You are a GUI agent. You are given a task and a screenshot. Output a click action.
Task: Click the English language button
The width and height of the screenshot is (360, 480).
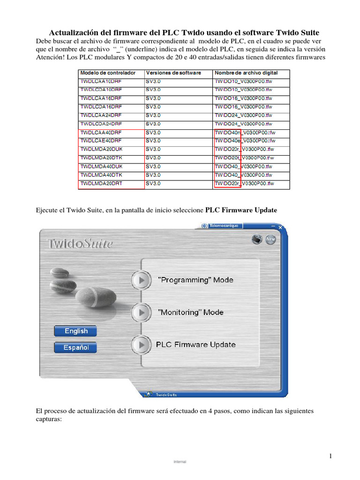point(75,331)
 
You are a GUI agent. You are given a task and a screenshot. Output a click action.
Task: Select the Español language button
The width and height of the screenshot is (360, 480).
point(75,347)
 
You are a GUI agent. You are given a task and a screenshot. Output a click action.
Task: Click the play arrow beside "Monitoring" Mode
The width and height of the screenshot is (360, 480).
point(141,312)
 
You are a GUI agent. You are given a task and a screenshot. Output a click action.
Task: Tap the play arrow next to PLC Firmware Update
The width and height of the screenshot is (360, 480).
point(141,345)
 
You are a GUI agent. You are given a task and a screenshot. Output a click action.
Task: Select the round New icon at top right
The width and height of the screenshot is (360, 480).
point(270,239)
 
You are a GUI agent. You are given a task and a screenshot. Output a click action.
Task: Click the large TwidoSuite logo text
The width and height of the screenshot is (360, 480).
point(80,243)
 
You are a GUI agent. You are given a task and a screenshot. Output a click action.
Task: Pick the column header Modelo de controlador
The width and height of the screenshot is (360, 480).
point(108,73)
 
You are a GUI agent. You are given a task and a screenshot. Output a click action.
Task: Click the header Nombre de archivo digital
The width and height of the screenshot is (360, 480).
point(246,73)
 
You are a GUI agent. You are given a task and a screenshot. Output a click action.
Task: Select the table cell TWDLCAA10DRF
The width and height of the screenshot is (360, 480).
point(101,82)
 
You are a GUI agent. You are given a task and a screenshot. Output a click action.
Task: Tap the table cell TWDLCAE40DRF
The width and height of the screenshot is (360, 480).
point(101,141)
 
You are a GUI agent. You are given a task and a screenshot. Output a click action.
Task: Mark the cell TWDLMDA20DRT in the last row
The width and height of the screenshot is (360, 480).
point(101,184)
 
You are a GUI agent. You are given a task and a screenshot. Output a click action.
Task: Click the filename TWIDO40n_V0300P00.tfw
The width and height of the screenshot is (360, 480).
point(245,132)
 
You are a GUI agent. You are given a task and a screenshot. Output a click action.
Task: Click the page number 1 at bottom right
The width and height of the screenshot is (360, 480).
point(330,456)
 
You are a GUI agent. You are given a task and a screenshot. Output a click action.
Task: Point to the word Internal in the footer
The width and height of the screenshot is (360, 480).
point(180,462)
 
